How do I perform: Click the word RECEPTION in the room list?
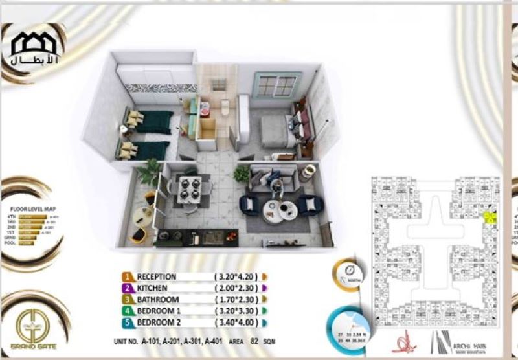[x=156, y=276]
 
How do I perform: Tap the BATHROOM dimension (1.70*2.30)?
[x=237, y=300]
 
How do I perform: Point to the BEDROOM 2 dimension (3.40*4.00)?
[x=237, y=323]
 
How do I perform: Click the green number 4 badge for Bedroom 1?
[x=128, y=311]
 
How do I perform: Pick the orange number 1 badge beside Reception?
[x=128, y=276]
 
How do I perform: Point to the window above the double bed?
[x=279, y=85]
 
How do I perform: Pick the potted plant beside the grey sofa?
[x=242, y=172]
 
